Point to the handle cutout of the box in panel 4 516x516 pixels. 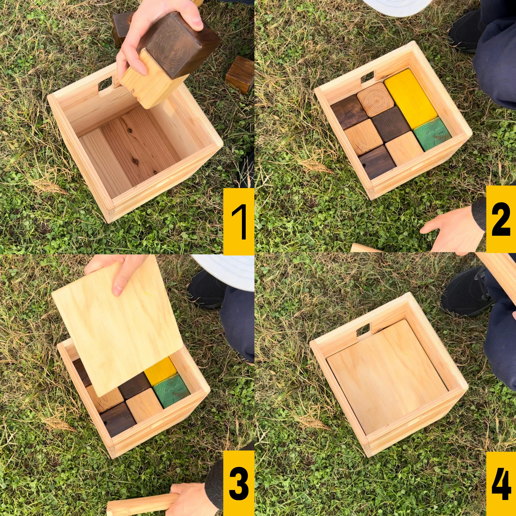[364, 329]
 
